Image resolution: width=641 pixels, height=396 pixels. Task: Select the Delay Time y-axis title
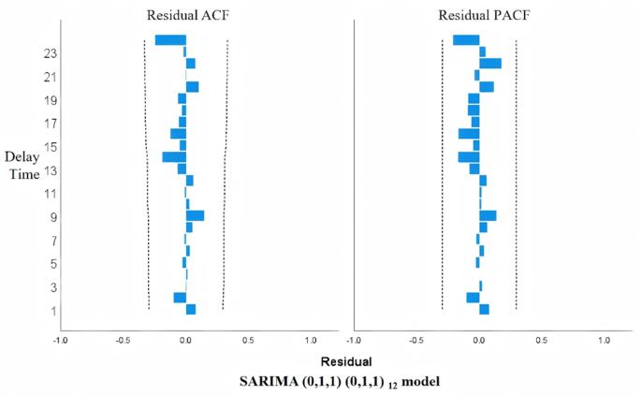coord(22,165)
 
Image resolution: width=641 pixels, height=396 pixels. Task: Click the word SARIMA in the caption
coord(267,381)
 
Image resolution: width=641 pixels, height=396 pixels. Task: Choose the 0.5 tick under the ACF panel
coord(248,339)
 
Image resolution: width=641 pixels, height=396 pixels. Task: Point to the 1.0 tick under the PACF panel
coord(604,339)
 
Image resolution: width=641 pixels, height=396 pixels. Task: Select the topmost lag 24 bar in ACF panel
coord(170,40)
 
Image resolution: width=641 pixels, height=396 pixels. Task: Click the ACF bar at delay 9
coord(195,215)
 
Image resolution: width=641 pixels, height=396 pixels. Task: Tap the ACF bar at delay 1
coord(191,309)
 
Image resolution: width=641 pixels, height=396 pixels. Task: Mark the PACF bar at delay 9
coord(488,215)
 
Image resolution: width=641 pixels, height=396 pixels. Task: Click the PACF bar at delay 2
coord(473,298)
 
